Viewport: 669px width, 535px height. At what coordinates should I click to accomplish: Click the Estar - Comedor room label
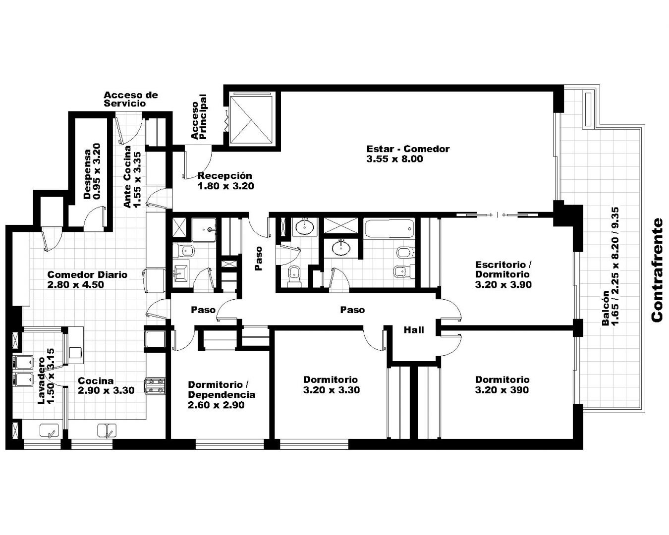tap(408, 149)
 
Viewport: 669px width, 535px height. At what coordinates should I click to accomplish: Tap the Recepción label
tap(225, 176)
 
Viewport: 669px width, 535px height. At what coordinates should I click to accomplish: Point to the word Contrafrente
tap(657, 270)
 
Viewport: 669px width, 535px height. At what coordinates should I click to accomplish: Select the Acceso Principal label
tap(199, 117)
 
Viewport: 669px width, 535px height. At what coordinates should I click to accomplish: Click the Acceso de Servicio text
tap(130, 99)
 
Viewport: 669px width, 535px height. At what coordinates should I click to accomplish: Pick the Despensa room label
tap(88, 174)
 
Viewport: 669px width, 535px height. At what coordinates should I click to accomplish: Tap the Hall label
tap(414, 330)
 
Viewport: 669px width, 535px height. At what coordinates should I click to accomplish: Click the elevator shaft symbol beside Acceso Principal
tap(251, 118)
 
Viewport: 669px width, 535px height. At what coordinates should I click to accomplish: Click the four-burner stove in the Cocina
tap(156, 386)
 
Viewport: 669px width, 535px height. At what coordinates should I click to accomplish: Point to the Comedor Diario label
tap(87, 275)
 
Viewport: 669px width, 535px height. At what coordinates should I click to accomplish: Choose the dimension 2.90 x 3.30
tap(106, 390)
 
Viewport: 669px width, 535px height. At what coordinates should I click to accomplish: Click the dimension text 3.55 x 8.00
tap(394, 159)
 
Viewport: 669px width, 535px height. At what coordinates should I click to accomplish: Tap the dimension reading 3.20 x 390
tap(502, 390)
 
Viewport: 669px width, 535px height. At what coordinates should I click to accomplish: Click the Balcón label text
tap(606, 308)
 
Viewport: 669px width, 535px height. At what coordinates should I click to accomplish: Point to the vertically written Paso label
tap(259, 259)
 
